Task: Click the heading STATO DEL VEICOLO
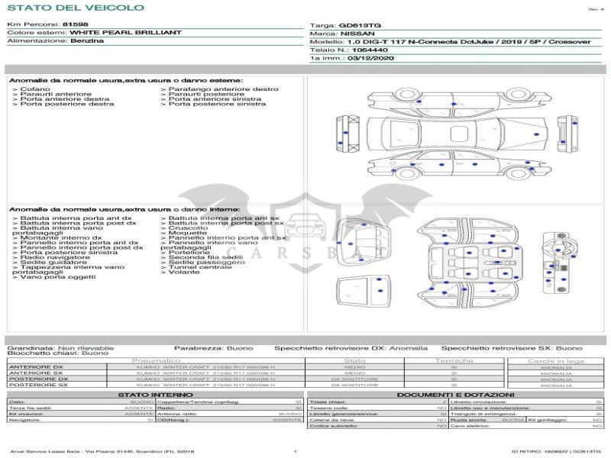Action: [x=75, y=8]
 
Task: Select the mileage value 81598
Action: [x=75, y=25]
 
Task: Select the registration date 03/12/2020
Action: [x=372, y=58]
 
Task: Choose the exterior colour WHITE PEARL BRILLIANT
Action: [x=125, y=33]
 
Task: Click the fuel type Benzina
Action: [x=86, y=41]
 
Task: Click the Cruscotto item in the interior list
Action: [x=188, y=227]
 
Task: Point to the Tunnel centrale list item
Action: [x=200, y=267]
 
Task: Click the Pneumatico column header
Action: [x=157, y=360]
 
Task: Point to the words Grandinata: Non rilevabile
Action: [x=60, y=348]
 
